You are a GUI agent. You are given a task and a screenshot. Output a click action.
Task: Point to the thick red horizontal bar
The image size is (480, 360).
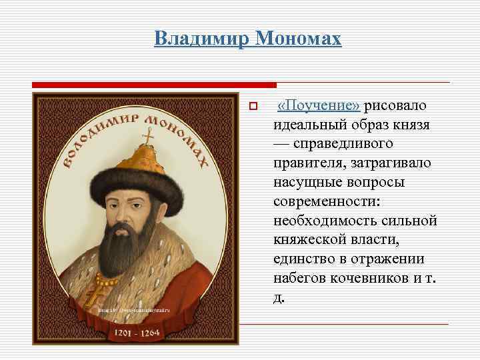(154, 85)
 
